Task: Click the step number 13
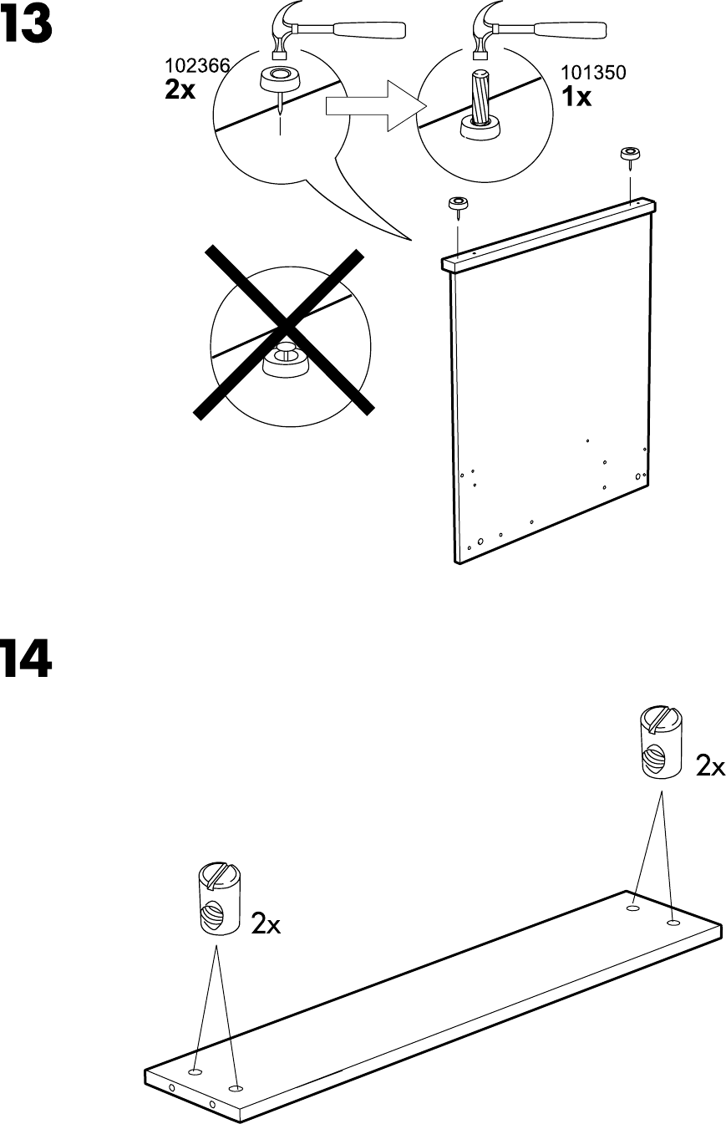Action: point(27,26)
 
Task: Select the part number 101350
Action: point(593,73)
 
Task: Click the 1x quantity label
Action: point(576,97)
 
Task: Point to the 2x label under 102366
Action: point(180,90)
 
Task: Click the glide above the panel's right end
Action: point(628,154)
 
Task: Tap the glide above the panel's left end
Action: point(458,203)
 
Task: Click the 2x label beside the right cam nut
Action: point(710,765)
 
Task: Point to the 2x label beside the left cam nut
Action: point(266,923)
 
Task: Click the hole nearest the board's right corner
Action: point(673,923)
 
